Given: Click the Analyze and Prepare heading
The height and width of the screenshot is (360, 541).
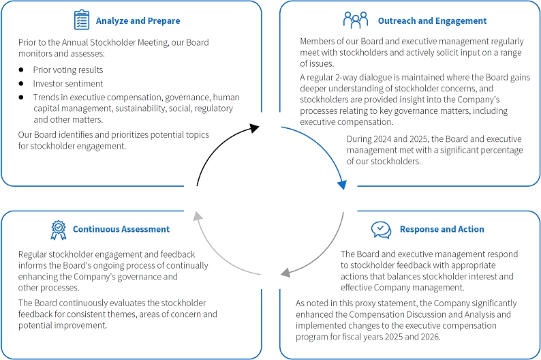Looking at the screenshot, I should [138, 21].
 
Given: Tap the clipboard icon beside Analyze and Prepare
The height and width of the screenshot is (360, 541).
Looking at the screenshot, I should [81, 19].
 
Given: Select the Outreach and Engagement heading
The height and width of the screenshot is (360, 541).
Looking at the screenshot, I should [423, 21].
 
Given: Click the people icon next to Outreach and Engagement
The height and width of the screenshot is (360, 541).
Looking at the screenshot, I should [356, 20].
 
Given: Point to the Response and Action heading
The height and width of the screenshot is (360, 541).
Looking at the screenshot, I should [442, 229].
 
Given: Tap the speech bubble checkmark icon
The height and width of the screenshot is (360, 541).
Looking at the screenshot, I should [382, 229].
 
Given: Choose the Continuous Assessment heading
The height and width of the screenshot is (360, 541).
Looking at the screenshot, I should [121, 229].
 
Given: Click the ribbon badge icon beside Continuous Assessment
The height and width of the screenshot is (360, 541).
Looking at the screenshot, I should [59, 230].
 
